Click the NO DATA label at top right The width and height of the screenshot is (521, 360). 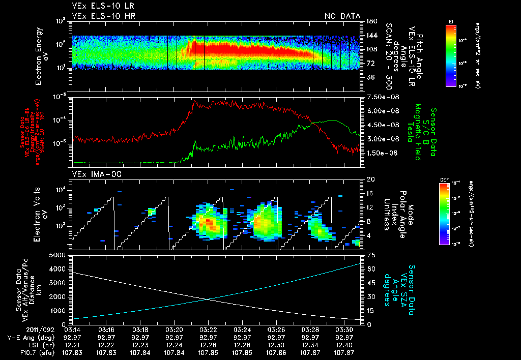click(x=342, y=16)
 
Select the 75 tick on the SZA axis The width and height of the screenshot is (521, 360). click(x=368, y=255)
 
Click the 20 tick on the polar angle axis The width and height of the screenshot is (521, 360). click(x=368, y=179)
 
